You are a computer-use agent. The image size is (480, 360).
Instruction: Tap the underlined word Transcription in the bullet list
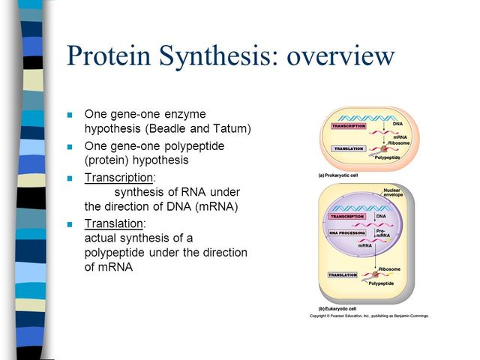[x=118, y=178]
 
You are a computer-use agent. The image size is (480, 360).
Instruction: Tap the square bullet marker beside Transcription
[x=70, y=178]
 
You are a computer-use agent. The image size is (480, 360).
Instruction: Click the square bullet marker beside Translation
[x=70, y=224]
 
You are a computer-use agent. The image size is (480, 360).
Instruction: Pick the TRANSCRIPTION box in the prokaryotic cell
[x=348, y=126]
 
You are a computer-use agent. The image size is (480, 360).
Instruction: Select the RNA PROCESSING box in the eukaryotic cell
[x=346, y=233]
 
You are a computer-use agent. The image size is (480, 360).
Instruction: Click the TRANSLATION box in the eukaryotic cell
[x=342, y=275]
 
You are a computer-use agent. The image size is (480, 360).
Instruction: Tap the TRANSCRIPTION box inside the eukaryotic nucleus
[x=346, y=217]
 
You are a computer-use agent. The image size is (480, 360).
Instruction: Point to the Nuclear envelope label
[x=393, y=193]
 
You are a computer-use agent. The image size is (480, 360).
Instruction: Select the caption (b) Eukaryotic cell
[x=334, y=310]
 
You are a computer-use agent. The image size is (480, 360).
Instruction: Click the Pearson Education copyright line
[x=369, y=316]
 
